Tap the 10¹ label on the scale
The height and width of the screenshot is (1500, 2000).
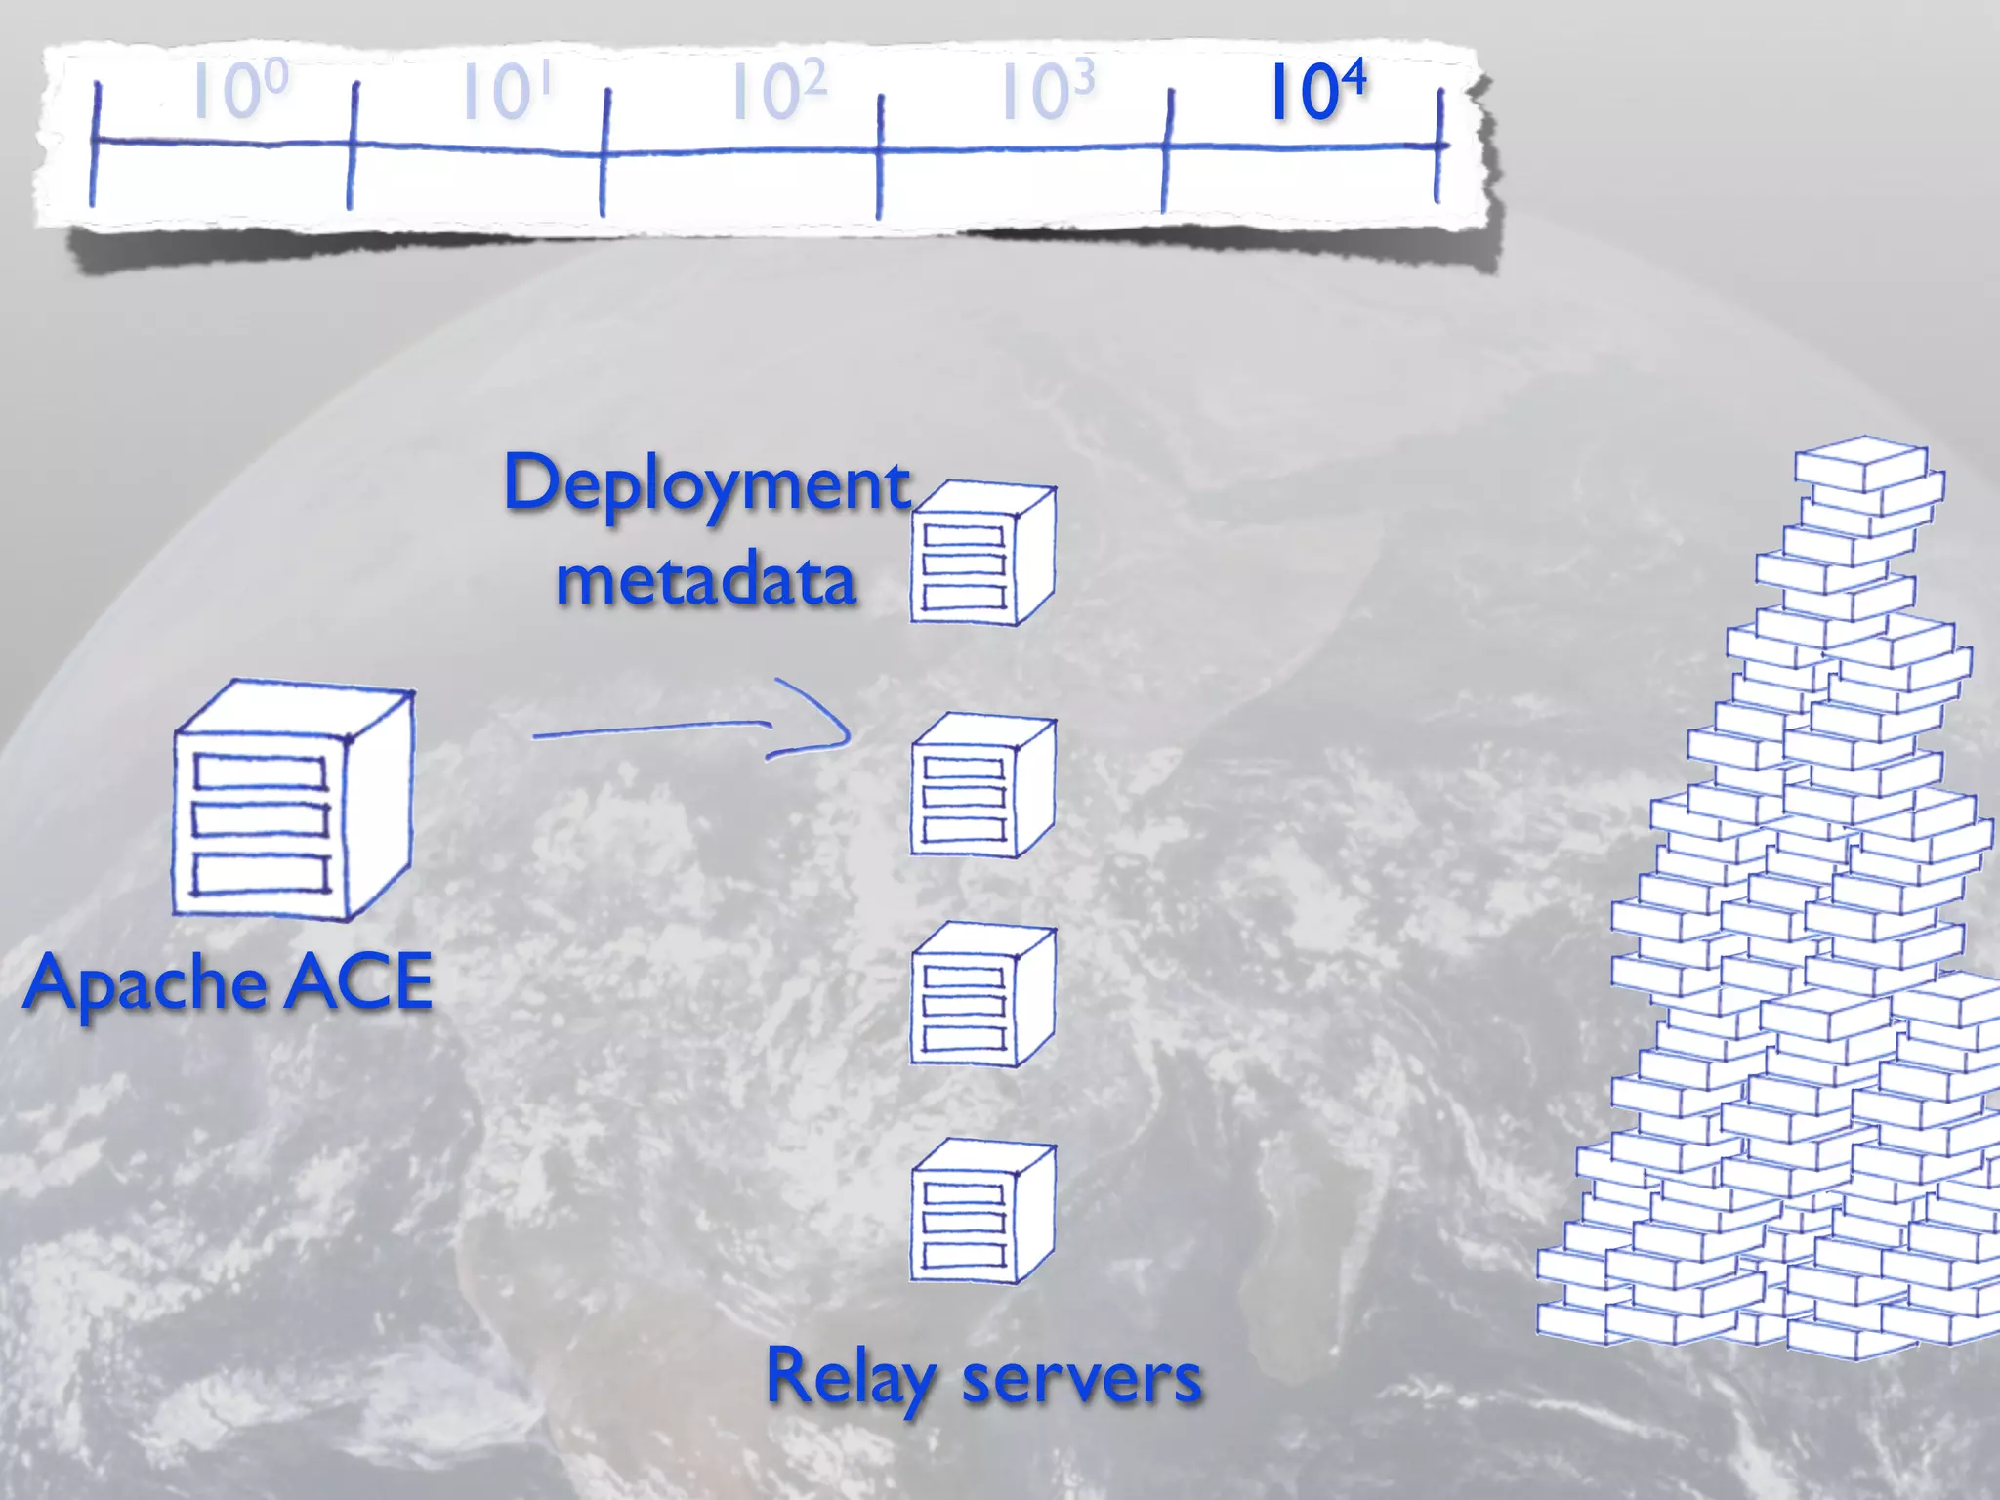pos(507,92)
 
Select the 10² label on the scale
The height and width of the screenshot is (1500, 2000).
pos(778,92)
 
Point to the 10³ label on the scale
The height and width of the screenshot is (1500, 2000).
pos(1047,92)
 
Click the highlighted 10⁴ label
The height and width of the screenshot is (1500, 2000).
pos(1315,92)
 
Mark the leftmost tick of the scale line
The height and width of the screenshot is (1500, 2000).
pos(95,144)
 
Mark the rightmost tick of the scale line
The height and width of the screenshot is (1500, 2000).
pos(1438,146)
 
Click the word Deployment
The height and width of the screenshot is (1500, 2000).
pos(706,485)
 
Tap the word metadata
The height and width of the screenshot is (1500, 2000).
pos(706,579)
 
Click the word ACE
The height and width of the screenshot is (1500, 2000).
pos(358,981)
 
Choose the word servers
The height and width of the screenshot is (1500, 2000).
pos(1081,1379)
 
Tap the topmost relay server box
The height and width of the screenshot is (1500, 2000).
pos(981,554)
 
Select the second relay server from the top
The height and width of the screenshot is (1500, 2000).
pos(981,787)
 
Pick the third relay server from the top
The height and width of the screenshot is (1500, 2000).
pos(981,996)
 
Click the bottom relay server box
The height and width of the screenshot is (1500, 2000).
pos(981,1212)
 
